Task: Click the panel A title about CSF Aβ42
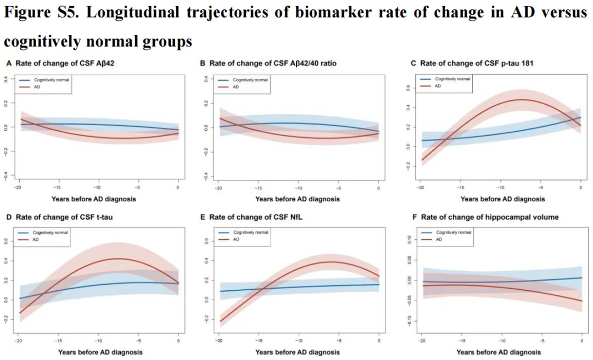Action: point(65,64)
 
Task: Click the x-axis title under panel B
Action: point(298,199)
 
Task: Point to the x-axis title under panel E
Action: point(298,352)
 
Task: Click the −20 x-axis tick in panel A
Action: point(19,188)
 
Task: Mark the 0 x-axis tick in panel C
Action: point(580,188)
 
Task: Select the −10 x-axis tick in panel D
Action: point(98,341)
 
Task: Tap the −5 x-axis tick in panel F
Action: point(541,341)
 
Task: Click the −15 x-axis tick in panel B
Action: point(259,188)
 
